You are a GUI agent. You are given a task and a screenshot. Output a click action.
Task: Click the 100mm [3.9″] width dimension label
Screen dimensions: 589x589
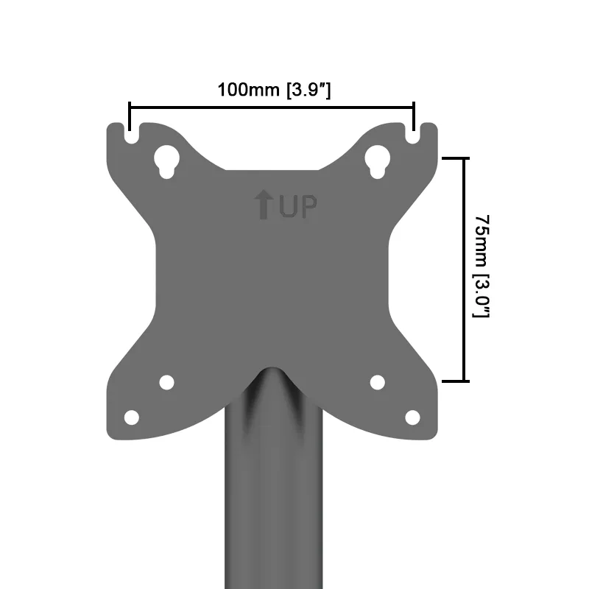(x=274, y=90)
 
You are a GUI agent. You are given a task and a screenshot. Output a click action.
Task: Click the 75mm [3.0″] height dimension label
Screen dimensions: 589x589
(x=482, y=267)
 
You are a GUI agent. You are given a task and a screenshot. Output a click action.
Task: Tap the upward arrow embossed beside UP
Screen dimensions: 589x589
(x=264, y=205)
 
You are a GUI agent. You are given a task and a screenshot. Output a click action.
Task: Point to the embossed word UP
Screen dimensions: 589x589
(x=298, y=206)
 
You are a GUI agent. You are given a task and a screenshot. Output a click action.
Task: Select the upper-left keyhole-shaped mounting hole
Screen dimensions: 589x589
(x=167, y=161)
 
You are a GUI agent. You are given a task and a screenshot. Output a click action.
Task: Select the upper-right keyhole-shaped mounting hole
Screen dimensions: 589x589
(x=378, y=161)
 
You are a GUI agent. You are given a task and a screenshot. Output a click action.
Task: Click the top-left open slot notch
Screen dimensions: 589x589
(x=131, y=133)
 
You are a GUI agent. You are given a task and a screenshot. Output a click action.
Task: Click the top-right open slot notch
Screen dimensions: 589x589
(x=413, y=133)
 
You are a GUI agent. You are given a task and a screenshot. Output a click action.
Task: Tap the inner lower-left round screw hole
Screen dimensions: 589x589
(x=167, y=383)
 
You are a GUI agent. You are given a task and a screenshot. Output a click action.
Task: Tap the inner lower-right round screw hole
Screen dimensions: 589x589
(x=378, y=383)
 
